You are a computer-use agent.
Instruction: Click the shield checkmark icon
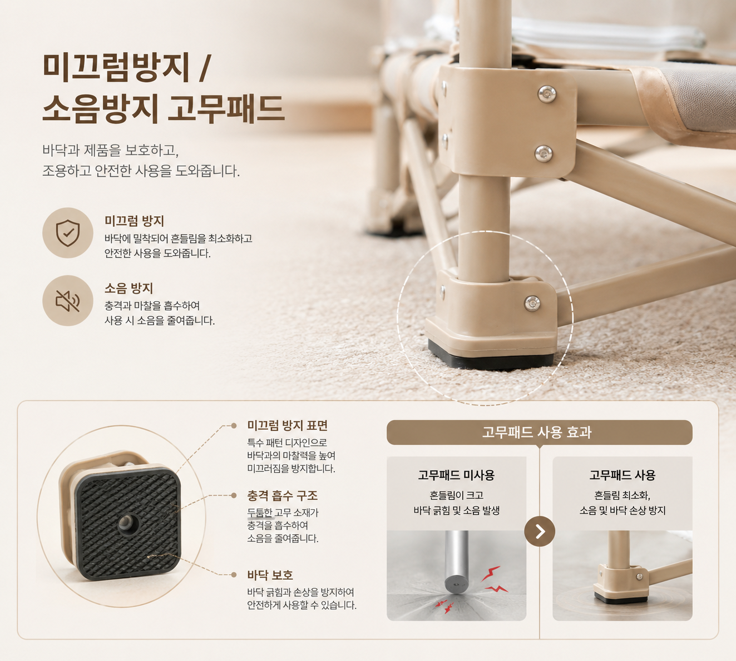coord(68,233)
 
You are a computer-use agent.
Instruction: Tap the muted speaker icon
coord(67,301)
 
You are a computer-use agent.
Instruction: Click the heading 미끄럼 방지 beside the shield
coord(134,221)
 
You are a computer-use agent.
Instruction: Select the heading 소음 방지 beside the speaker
coord(129,289)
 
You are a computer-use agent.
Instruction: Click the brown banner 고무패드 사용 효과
coord(539,433)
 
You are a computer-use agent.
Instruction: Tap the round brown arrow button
coord(539,531)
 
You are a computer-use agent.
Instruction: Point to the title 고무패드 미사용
coord(456,475)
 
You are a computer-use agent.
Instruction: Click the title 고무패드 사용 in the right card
coord(623,475)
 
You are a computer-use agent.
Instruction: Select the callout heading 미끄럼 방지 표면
coord(287,425)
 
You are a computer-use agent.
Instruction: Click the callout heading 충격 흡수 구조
coord(282,496)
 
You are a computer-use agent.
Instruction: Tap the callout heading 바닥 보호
coord(270,575)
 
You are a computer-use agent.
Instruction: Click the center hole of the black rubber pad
coord(128,523)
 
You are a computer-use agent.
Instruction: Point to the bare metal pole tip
coord(457,583)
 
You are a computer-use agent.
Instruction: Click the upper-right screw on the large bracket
coord(547,95)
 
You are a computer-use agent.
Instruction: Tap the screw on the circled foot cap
coord(532,304)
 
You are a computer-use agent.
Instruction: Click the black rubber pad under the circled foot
coord(491,357)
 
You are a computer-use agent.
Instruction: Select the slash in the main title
coord(204,68)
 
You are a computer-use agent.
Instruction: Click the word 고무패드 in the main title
coord(226,108)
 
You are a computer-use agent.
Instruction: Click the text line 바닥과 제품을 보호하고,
coord(111,150)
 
